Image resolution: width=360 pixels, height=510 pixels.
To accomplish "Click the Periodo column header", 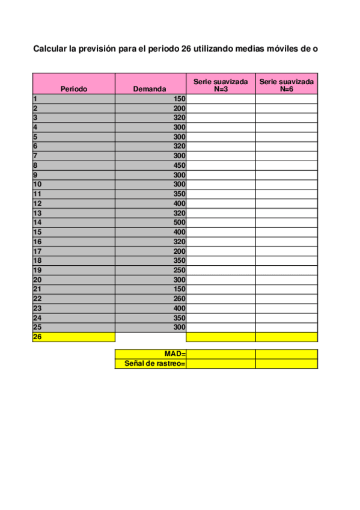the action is [73, 88].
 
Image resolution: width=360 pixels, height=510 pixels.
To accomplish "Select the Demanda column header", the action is [150, 88].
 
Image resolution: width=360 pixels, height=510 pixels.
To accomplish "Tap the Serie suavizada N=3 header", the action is [221, 84].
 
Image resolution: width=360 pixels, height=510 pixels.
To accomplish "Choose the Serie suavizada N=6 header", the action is [287, 84].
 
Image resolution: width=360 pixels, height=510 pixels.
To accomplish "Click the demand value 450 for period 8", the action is [179, 165].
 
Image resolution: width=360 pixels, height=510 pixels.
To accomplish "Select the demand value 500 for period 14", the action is [179, 223].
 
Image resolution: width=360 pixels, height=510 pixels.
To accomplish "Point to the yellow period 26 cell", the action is [73, 337].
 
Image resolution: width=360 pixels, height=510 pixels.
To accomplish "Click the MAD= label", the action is [175, 354].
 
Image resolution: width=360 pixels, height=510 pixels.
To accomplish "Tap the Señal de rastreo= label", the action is [155, 364].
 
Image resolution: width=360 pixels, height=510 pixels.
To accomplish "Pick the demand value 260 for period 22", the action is [179, 299].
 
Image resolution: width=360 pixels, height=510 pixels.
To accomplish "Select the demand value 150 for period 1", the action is [179, 99].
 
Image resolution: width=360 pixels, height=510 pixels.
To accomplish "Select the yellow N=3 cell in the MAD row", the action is [221, 354].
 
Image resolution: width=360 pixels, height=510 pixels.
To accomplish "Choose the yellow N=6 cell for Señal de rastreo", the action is [287, 364].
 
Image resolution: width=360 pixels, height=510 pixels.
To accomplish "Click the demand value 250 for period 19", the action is [179, 270].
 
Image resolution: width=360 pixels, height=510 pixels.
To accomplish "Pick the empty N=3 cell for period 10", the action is [221, 185].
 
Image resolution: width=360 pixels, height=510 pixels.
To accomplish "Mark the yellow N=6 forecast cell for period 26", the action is [287, 337].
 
